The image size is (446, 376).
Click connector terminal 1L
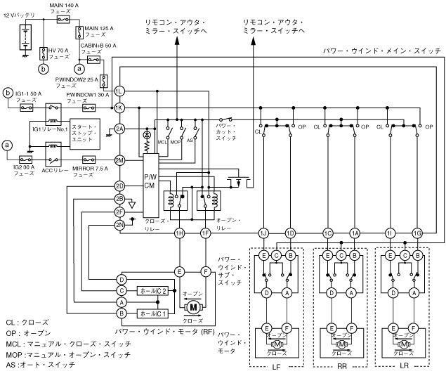[x=119, y=91]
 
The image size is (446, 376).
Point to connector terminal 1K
[x=119, y=107]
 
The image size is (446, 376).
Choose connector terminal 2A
[x=119, y=129]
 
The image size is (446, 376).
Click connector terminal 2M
[x=119, y=160]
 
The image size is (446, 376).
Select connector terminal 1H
[x=180, y=233]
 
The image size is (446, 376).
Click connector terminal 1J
[x=264, y=233]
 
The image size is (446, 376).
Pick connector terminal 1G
[x=418, y=233]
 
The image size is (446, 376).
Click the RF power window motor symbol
[x=192, y=306]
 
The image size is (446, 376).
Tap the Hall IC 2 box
[x=153, y=290]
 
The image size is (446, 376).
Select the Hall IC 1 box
[x=153, y=313]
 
